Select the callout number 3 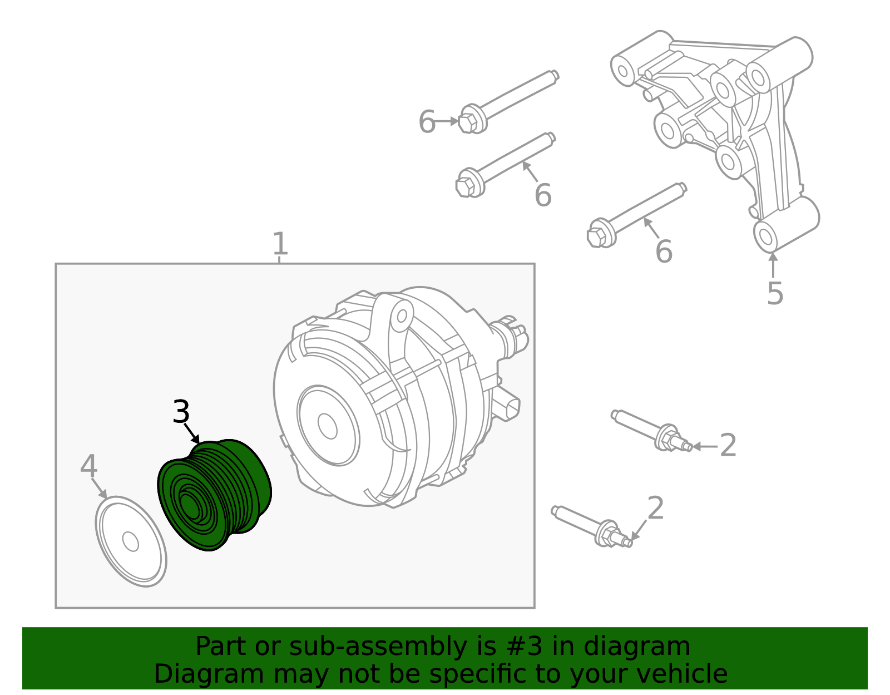(181, 412)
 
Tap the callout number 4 (88, 466)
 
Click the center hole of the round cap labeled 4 (130, 541)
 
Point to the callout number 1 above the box (280, 244)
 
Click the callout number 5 (774, 293)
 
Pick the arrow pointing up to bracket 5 (773, 264)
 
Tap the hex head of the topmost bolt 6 (468, 122)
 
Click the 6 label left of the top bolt (427, 122)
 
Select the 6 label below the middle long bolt (542, 195)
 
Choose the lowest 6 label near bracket (664, 252)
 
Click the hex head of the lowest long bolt (597, 236)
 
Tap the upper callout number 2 (728, 446)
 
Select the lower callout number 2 (656, 508)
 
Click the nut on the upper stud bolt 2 (666, 438)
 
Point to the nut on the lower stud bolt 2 (606, 534)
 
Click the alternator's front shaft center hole (327, 426)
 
